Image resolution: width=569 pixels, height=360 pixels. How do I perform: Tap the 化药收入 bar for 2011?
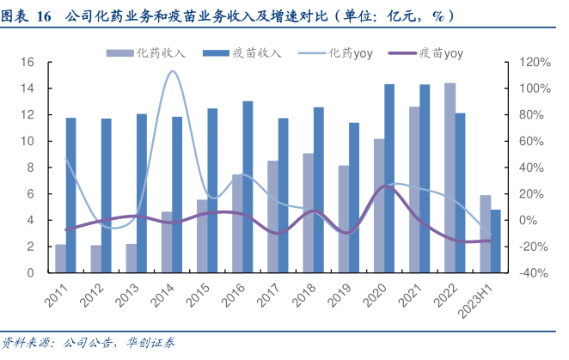(x=61, y=259)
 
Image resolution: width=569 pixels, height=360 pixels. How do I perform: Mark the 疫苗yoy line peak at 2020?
(x=384, y=185)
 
